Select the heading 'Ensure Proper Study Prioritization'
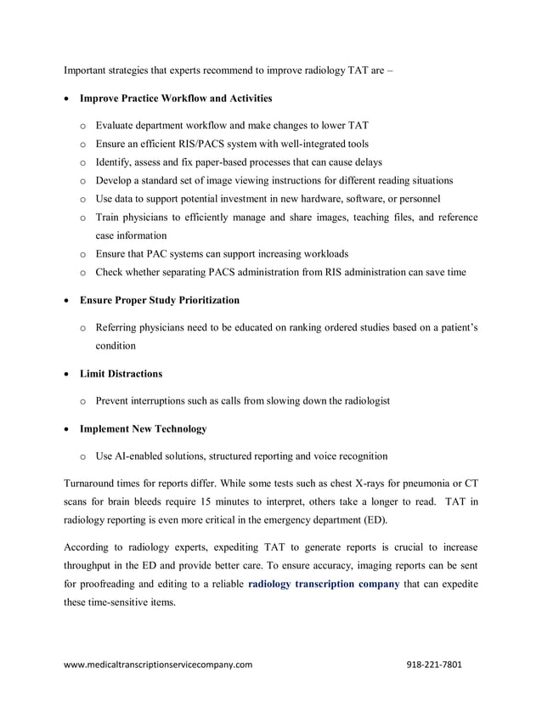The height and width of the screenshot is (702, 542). (x=159, y=300)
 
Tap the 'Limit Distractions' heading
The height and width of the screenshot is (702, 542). (x=121, y=373)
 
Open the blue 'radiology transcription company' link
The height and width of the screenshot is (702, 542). (x=323, y=585)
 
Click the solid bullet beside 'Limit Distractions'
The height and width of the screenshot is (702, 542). (x=68, y=374)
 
